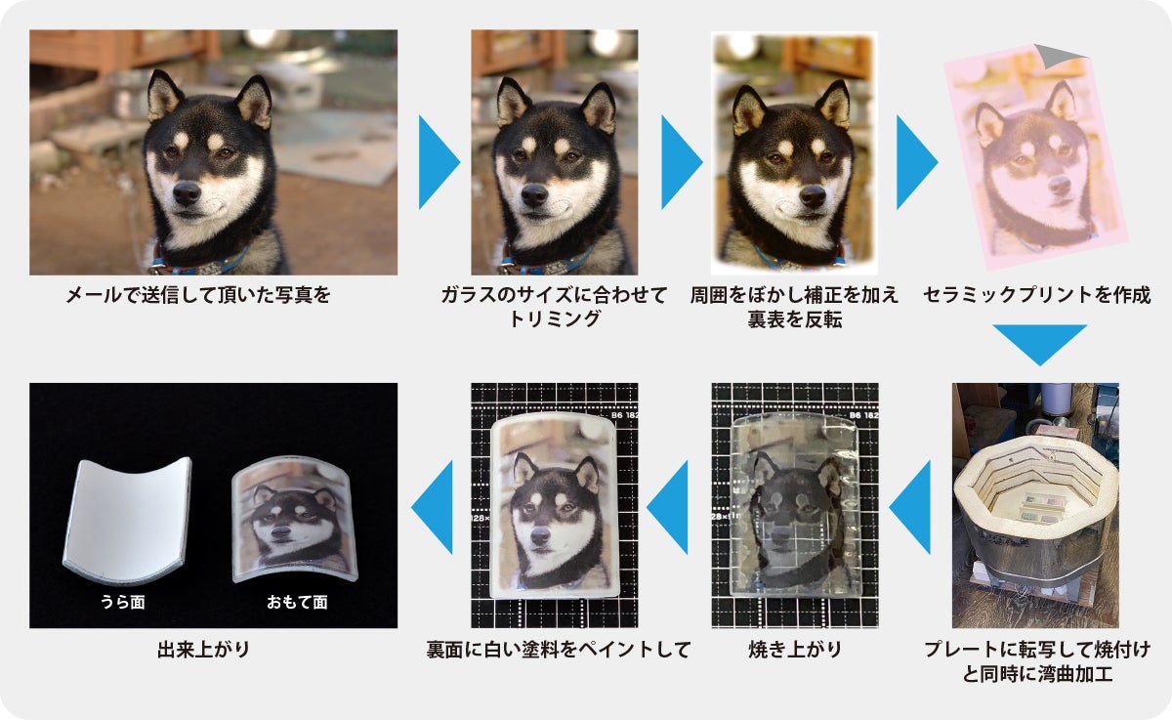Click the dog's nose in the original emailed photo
(187, 193)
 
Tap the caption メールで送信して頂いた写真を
(198, 295)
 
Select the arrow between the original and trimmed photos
(439, 162)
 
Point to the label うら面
(122, 602)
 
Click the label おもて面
(297, 602)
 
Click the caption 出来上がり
(203, 650)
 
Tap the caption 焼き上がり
(795, 650)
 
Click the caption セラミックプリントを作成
(1037, 295)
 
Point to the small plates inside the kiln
(1042, 509)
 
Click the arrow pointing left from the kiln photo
(910, 507)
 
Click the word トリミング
(554, 318)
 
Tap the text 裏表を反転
(795, 319)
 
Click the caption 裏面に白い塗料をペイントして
(559, 650)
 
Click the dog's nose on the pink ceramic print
(1060, 186)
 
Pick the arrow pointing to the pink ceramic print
(917, 162)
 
